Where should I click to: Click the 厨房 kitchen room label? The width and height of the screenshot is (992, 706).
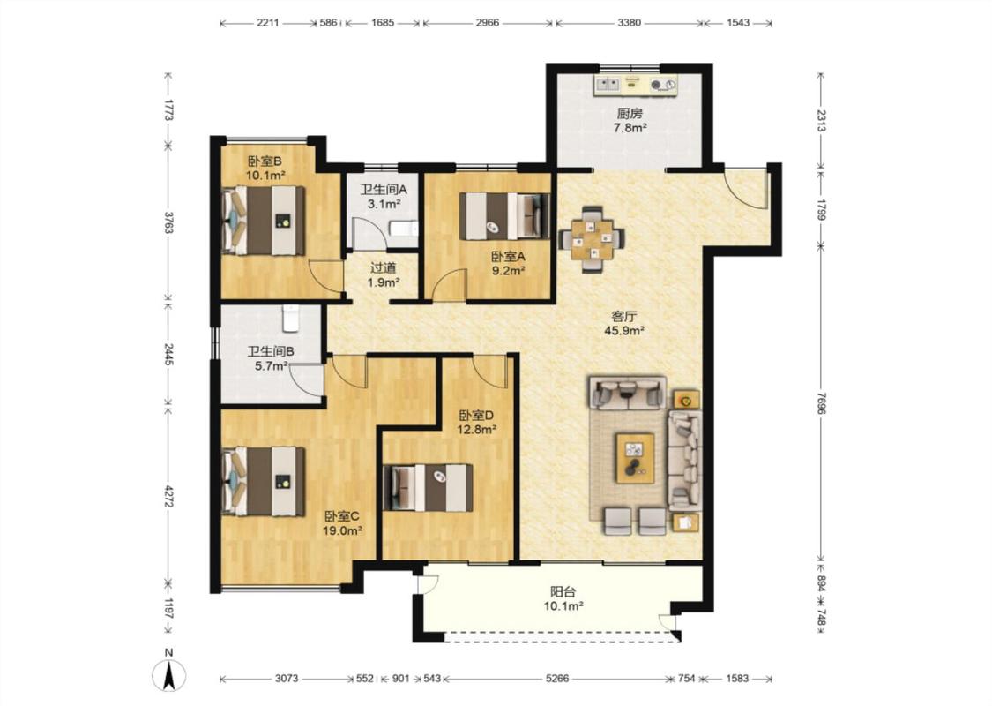(630, 114)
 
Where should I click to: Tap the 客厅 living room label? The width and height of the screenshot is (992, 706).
(623, 317)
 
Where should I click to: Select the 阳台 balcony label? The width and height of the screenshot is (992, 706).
(563, 592)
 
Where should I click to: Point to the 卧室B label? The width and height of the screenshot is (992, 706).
(265, 161)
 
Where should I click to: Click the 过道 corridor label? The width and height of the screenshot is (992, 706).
(383, 268)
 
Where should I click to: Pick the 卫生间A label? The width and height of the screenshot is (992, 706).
(384, 190)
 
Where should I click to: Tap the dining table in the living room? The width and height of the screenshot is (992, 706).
(593, 239)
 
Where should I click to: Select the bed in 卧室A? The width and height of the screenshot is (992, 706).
(504, 216)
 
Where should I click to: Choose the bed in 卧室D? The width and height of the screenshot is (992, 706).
(429, 487)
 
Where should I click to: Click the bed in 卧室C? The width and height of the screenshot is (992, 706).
(264, 481)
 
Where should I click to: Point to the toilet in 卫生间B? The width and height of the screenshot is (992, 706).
(290, 318)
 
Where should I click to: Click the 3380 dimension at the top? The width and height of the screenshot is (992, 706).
(629, 23)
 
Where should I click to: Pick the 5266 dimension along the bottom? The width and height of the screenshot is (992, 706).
(557, 679)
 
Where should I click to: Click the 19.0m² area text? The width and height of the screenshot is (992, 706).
(342, 530)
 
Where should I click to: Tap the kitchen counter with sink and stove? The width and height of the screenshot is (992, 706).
(635, 85)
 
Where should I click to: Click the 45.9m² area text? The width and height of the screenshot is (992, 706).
(624, 331)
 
